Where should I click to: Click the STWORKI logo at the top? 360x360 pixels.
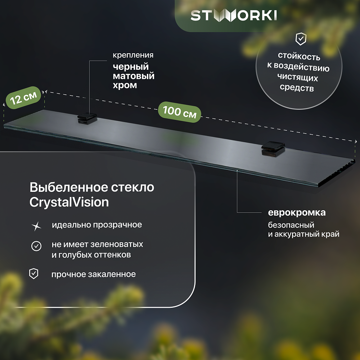[x=234, y=15]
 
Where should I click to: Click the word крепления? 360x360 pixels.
[x=133, y=55]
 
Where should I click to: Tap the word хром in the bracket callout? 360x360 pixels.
[x=125, y=86]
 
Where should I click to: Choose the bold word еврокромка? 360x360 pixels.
[x=297, y=212]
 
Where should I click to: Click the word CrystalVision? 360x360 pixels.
[x=69, y=202]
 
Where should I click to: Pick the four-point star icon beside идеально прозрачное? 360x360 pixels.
[x=36, y=226]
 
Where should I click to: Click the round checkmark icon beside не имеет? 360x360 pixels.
[x=36, y=246]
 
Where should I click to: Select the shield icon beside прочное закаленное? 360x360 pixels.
[x=33, y=274]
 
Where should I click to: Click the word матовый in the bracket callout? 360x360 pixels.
[x=134, y=76]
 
